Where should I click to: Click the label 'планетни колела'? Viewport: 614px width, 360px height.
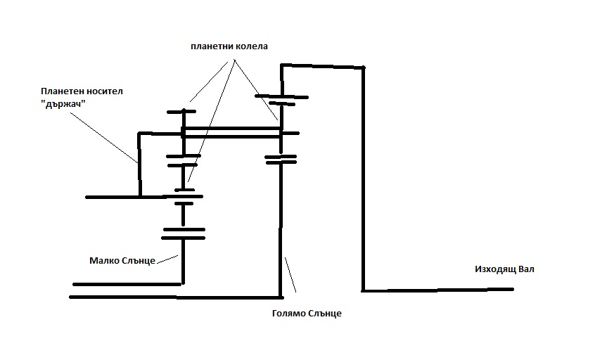coord(229,46)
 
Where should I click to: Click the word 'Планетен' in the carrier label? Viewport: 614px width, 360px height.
coord(59,91)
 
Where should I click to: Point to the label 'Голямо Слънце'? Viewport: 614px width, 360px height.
coord(306,314)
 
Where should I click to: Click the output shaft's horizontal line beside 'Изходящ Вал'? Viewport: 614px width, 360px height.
coord(436,289)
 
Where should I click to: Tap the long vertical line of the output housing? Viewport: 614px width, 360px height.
coord(364,176)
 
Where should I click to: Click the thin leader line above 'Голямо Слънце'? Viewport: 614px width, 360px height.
coord(290,274)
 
